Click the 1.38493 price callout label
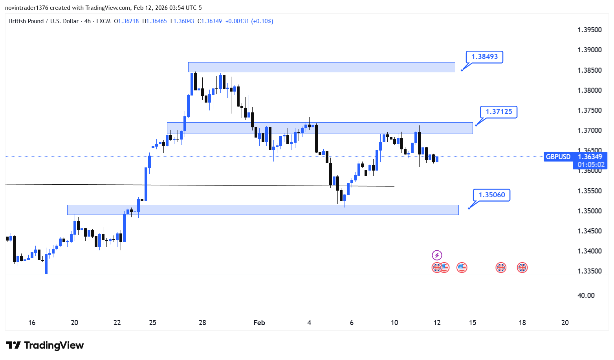click(484, 57)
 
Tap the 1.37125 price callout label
click(499, 112)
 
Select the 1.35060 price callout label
click(491, 195)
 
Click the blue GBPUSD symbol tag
click(558, 157)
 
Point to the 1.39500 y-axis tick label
click(589, 30)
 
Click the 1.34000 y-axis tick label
click(589, 251)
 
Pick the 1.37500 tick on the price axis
click(589, 110)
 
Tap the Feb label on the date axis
click(259, 323)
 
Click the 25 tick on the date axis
click(152, 323)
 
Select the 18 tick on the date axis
click(522, 323)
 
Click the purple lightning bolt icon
click(437, 255)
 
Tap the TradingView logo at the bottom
click(45, 345)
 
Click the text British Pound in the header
click(26, 21)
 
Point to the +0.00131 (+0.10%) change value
click(249, 21)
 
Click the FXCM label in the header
click(103, 21)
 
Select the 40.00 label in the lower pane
click(586, 296)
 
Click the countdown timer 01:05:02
click(591, 165)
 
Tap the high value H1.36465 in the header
click(154, 21)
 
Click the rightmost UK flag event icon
click(522, 268)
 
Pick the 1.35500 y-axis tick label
click(589, 191)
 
